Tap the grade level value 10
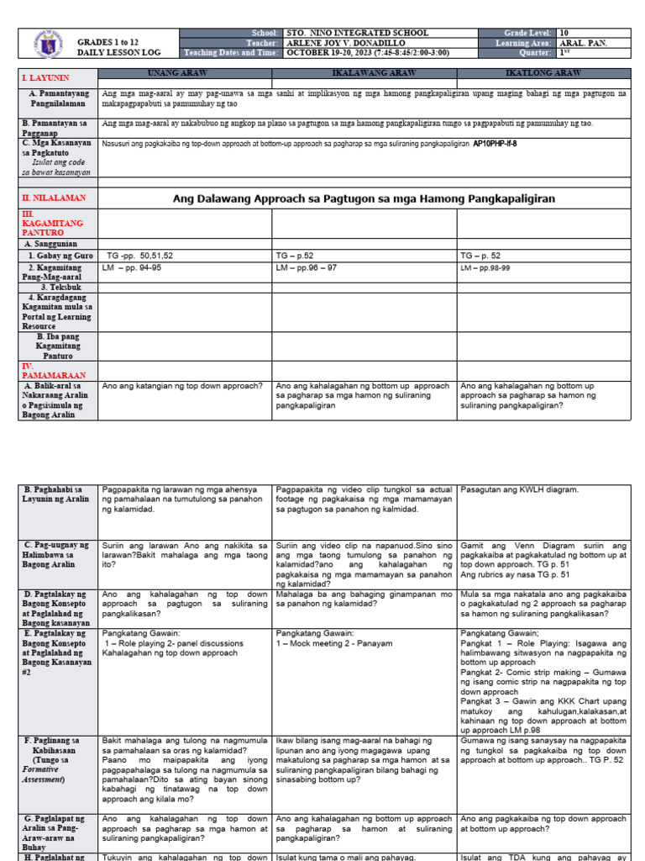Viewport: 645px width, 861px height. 564,33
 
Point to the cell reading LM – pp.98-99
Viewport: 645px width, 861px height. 490,267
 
